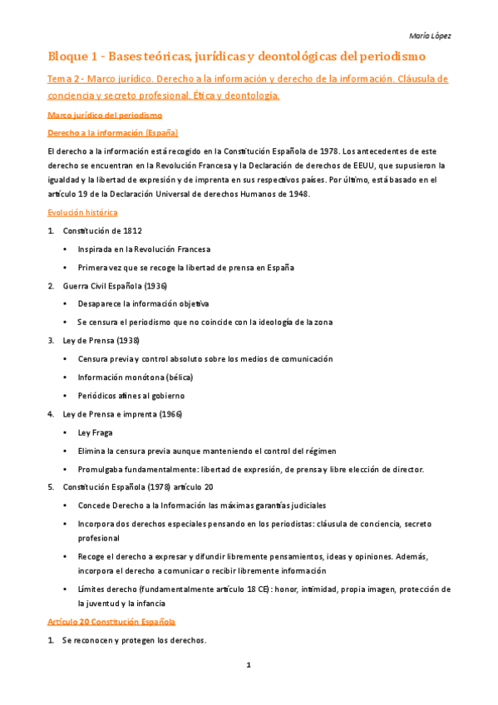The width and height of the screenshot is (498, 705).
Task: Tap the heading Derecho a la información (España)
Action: (x=112, y=133)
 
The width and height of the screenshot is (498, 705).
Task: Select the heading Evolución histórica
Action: (x=82, y=212)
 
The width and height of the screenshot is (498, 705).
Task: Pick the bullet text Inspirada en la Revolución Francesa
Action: (x=144, y=249)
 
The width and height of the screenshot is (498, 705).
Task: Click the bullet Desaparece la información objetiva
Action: (x=143, y=303)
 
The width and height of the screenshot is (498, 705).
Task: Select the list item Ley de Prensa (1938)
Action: (x=101, y=340)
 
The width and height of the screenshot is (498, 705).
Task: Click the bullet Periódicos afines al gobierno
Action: (x=131, y=395)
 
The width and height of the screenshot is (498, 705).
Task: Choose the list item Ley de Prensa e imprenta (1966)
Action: (x=121, y=413)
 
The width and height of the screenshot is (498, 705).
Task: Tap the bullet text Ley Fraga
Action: (x=95, y=432)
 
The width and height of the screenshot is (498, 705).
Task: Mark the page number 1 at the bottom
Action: (x=248, y=665)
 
